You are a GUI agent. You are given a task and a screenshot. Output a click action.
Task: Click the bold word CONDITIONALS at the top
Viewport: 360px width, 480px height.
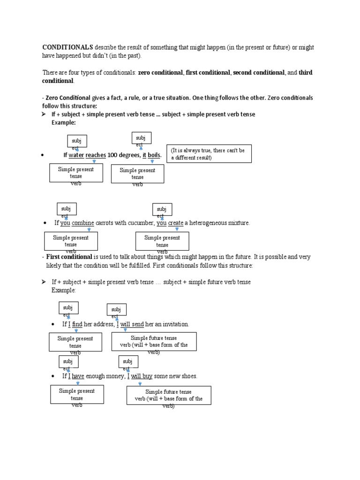pos(67,48)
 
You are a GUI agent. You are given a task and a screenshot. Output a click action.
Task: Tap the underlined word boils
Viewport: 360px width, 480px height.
pos(154,155)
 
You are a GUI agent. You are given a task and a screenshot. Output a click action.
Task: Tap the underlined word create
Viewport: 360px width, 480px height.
pos(176,223)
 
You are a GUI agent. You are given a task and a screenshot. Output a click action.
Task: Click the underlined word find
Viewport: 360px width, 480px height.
pos(77,324)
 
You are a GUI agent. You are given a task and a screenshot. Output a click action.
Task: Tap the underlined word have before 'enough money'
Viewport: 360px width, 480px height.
pos(78,376)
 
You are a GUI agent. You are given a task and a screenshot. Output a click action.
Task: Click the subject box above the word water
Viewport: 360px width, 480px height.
pos(76,141)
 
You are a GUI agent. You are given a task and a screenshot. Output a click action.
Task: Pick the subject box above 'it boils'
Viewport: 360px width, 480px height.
pos(141,138)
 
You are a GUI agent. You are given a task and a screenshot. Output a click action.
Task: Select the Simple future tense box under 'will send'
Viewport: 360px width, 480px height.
pos(154,341)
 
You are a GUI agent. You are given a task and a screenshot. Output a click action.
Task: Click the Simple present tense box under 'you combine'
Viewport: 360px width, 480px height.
pos(71,241)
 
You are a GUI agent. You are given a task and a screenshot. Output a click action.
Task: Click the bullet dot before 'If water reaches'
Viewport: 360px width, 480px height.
pos(43,155)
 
